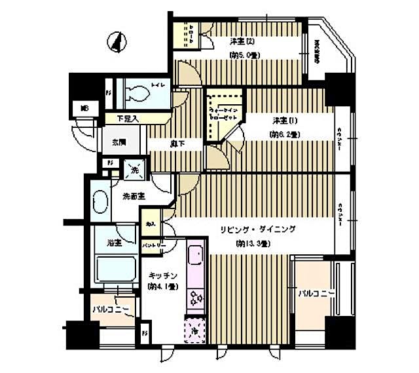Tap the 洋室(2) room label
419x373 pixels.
pos(242,43)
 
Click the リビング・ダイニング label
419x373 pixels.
pos(257,229)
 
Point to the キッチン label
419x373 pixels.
pos(160,275)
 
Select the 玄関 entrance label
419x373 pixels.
pos(118,143)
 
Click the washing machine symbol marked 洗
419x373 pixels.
pos(135,168)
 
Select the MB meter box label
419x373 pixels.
pos(84,108)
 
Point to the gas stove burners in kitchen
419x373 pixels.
pos(196,298)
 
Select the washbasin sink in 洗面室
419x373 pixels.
pos(101,201)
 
